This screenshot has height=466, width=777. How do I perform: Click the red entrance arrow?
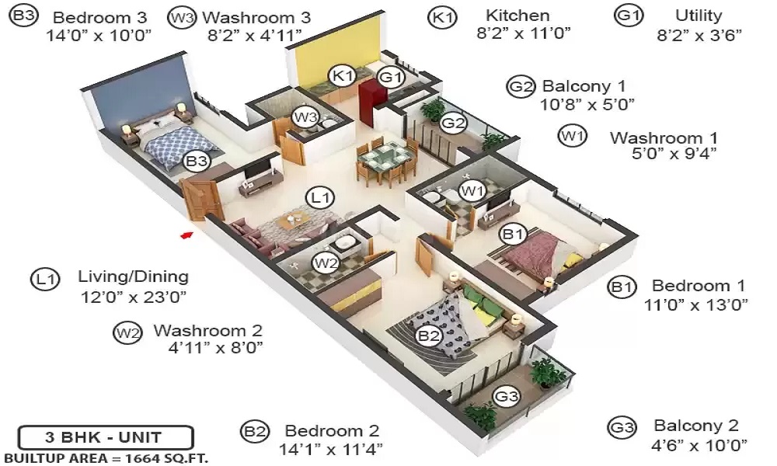coord(186,235)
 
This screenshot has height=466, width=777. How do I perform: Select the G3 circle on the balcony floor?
coord(507,395)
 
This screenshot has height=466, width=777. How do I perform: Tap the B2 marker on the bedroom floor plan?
coord(429,336)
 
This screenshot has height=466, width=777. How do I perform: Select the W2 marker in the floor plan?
coord(326,263)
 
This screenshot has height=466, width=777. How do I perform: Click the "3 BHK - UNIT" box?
coord(105,437)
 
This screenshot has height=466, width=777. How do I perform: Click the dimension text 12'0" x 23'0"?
coord(134,297)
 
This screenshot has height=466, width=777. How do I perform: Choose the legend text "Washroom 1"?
coord(664,137)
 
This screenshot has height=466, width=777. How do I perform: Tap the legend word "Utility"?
coord(699,16)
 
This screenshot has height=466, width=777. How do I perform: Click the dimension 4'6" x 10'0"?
coord(699,445)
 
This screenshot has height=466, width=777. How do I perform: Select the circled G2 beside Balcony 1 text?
coord(521,87)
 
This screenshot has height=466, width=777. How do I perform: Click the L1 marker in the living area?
coord(320,197)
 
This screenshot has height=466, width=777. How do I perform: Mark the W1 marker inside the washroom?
coord(472,190)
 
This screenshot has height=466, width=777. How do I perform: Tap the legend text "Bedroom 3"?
coord(99,17)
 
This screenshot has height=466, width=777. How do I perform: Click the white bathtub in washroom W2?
coord(343,244)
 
